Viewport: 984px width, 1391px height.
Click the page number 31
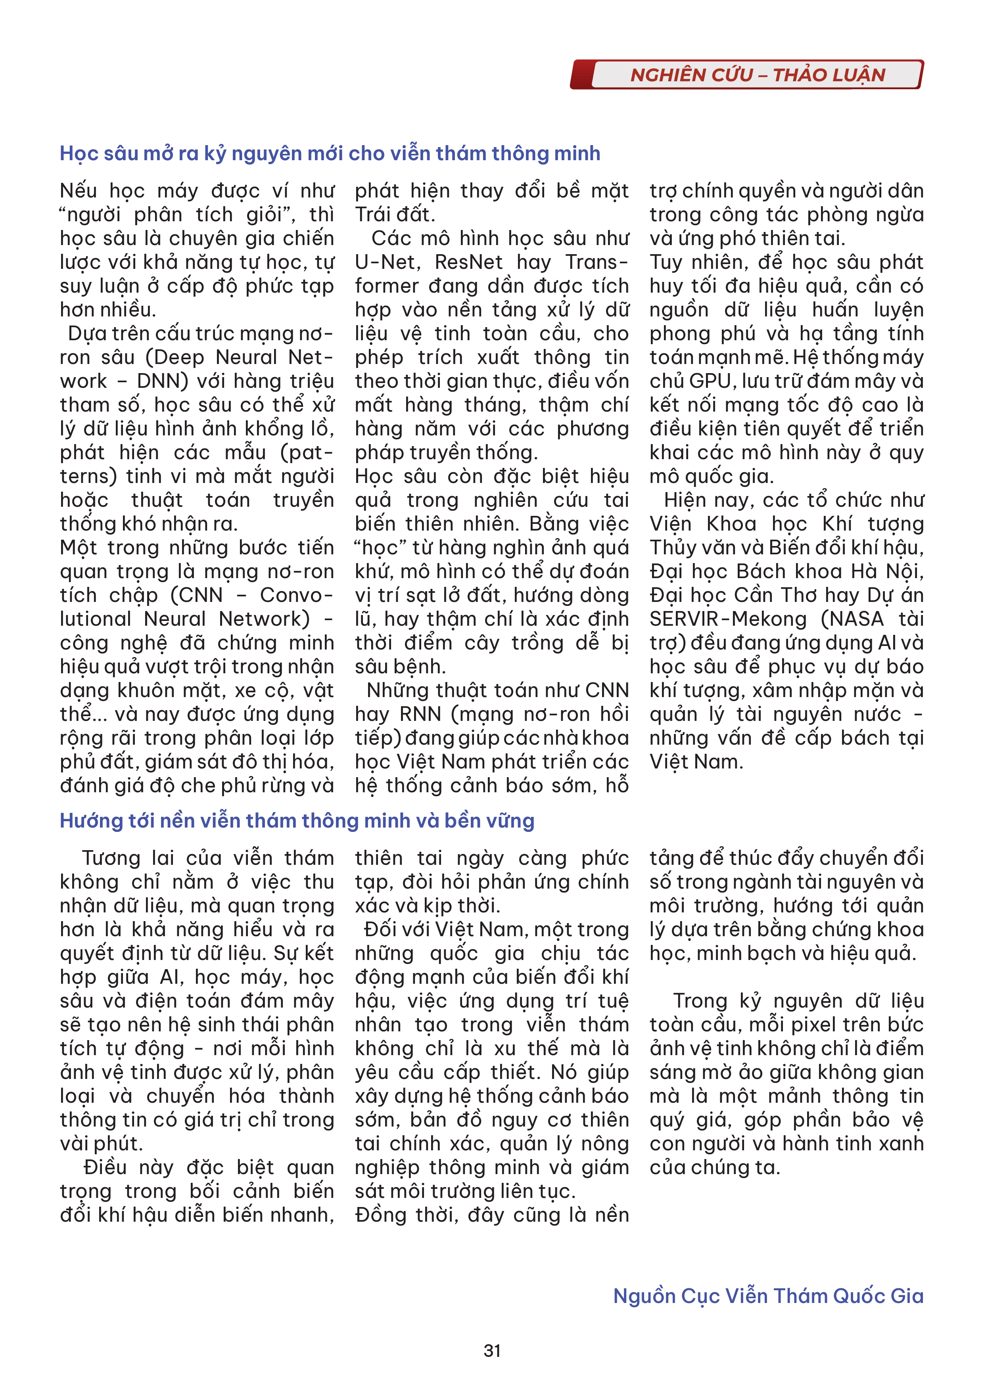pos(492,1351)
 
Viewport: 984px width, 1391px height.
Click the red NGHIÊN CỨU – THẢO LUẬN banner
pos(758,75)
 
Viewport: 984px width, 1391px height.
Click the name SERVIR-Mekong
pos(728,619)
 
